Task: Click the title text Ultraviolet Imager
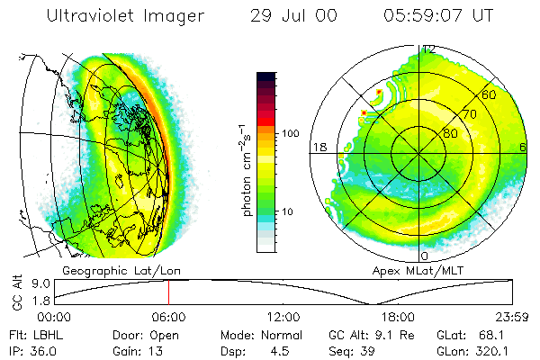point(125,15)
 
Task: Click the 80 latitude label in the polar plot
point(450,133)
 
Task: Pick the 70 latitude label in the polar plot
point(469,114)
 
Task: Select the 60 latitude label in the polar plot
point(489,94)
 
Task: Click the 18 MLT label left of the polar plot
point(318,148)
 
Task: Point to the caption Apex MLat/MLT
point(421,270)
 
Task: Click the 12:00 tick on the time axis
point(283,317)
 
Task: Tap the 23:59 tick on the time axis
point(511,317)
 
